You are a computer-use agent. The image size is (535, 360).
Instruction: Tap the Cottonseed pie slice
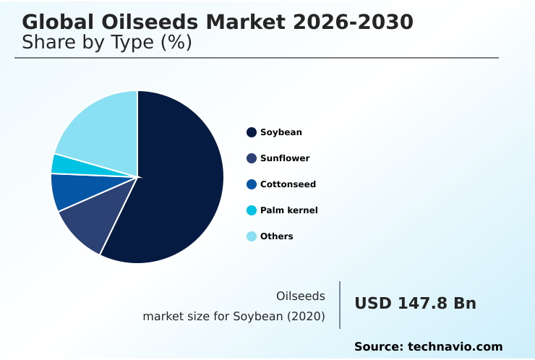pos(69,192)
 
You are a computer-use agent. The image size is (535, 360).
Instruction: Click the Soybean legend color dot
pos(252,132)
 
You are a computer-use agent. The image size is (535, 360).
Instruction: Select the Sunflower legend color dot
pos(252,158)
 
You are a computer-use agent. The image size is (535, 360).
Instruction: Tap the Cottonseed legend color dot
pos(252,184)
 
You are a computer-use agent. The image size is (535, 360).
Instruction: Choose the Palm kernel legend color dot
pos(252,210)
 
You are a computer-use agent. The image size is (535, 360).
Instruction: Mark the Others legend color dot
pos(252,236)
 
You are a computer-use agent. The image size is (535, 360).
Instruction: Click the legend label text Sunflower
pos(285,158)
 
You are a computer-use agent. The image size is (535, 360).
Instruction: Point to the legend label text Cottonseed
pos(288,184)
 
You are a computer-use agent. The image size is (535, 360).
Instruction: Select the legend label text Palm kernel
pos(288,210)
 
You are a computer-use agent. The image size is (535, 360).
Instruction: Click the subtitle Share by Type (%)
pos(107,43)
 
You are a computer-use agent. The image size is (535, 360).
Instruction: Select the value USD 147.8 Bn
pos(415,304)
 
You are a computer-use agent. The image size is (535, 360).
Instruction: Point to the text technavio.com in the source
pos(455,347)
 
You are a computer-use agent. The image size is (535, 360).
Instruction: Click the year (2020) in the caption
pos(306,316)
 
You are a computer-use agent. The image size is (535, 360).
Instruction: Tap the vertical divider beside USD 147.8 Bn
pos(340,305)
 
